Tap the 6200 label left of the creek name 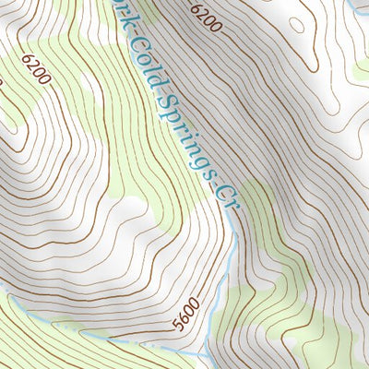37,68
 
